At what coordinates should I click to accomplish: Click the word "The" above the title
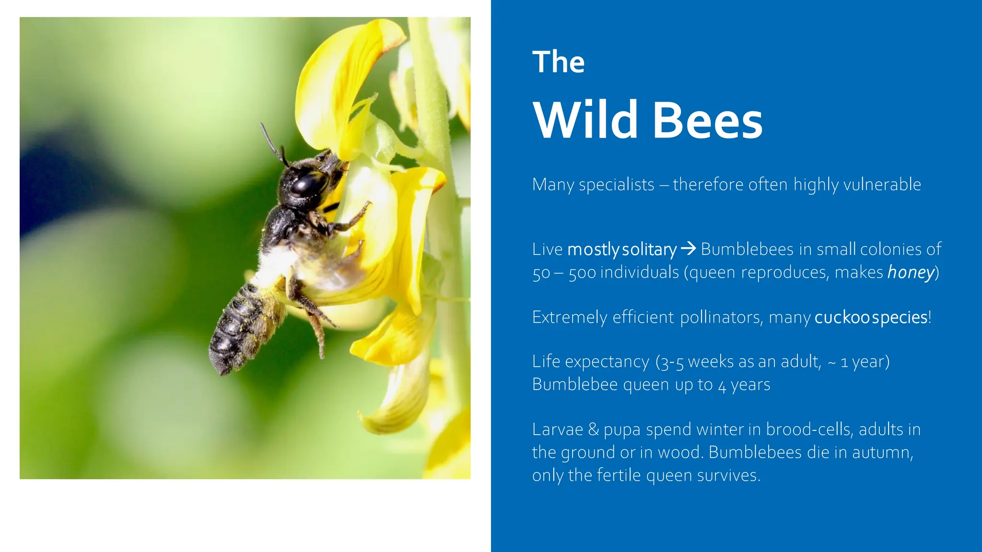(558, 62)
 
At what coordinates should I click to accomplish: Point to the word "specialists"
(616, 185)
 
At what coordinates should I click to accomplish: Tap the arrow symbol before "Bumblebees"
(688, 249)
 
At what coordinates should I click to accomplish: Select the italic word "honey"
(911, 273)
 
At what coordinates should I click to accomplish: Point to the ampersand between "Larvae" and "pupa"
(593, 429)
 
